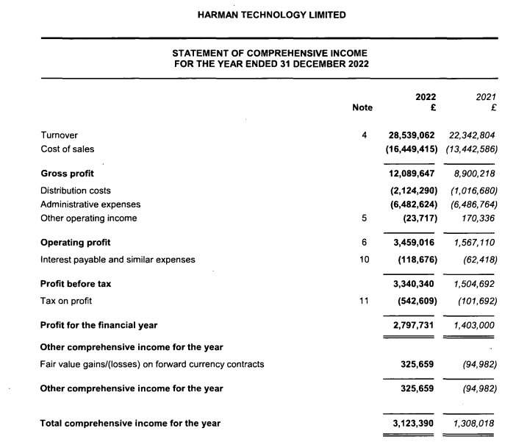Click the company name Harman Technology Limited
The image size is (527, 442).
click(x=272, y=15)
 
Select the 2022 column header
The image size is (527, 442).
click(x=426, y=96)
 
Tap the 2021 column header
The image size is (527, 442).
click(x=486, y=96)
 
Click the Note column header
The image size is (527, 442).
click(x=362, y=107)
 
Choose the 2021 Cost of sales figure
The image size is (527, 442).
click(x=473, y=149)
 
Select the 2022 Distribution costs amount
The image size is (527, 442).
click(x=412, y=190)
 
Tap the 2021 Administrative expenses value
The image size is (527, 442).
click(x=475, y=204)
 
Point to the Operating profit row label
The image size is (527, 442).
click(x=76, y=242)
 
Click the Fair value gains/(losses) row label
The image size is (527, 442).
click(x=152, y=364)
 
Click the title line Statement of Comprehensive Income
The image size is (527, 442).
click(x=270, y=53)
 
